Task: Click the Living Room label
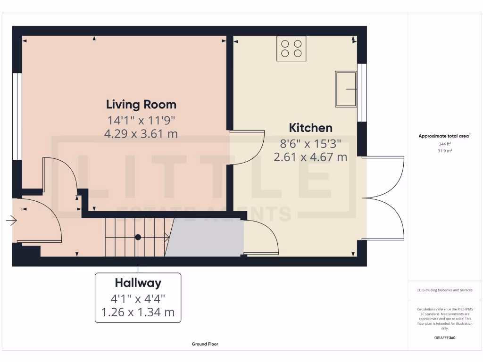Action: click(x=141, y=104)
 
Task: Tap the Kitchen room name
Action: click(x=310, y=128)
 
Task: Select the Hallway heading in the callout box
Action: click(x=138, y=283)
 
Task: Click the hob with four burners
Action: click(x=291, y=48)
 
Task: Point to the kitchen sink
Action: click(x=346, y=89)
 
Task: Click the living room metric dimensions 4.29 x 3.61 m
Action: click(x=141, y=133)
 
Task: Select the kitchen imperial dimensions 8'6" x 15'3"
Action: click(x=310, y=143)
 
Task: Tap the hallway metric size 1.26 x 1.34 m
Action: click(x=138, y=312)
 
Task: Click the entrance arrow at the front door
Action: click(x=11, y=220)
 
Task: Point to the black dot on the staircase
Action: click(x=138, y=237)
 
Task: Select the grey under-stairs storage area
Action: click(x=205, y=239)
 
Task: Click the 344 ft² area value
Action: click(x=445, y=144)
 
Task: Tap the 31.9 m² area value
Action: click(x=445, y=151)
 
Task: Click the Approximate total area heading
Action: click(x=445, y=136)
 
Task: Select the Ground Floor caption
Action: click(x=205, y=344)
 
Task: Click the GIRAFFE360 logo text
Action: click(x=445, y=338)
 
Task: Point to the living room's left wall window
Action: click(x=17, y=116)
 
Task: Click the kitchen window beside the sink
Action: click(x=362, y=92)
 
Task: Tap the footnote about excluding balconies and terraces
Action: click(x=445, y=290)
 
